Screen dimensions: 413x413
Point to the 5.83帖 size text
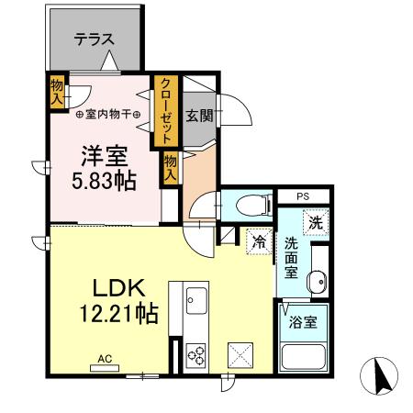[104, 180]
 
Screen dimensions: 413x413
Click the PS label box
[304, 196]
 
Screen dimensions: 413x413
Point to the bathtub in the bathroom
[302, 358]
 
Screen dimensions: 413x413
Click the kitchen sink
[196, 300]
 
